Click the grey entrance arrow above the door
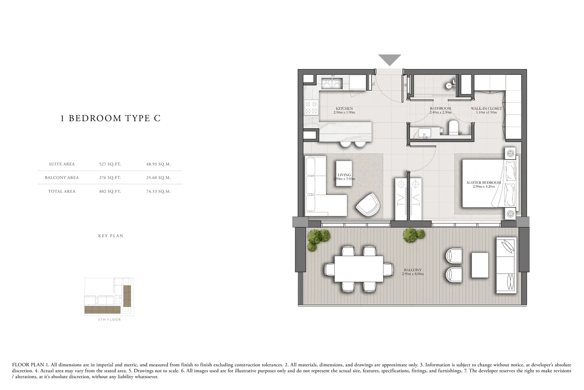point(389,60)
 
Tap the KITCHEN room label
point(344,108)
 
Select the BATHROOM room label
point(440,108)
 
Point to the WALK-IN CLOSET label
point(486,108)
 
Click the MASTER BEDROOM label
point(484,183)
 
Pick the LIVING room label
point(344,175)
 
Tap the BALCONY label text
point(413,270)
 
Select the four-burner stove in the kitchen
point(312,107)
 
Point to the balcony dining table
point(359,269)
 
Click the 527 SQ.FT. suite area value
point(110,164)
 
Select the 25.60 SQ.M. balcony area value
point(158,177)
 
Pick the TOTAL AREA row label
point(62,191)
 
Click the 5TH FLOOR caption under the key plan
point(109,319)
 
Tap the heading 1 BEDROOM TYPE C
point(111,118)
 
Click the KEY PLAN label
point(111,236)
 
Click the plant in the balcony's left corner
point(318,239)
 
